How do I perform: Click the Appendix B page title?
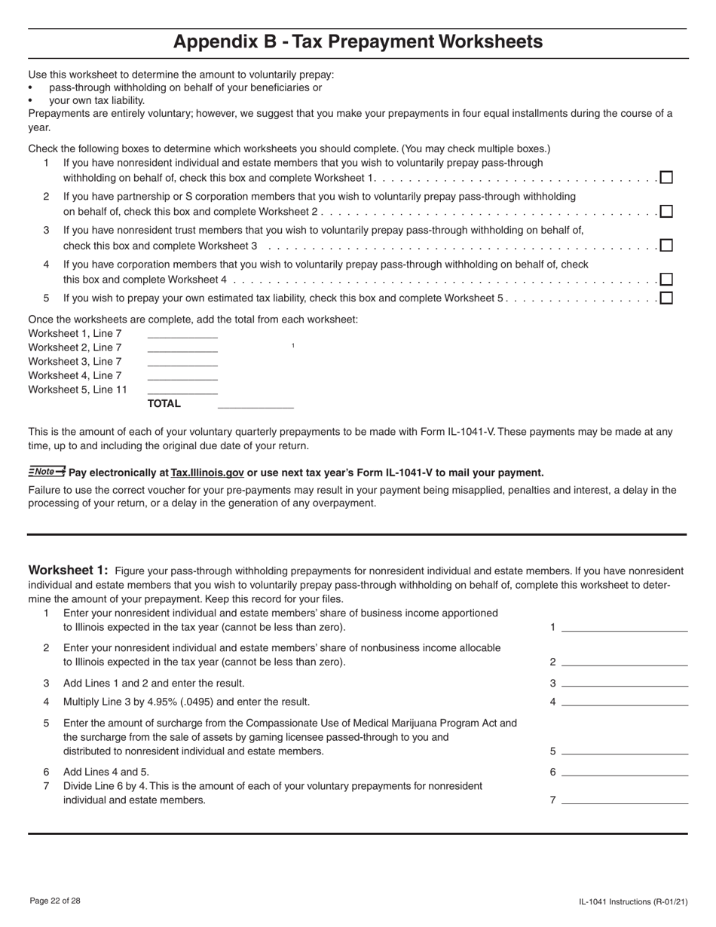click(x=358, y=41)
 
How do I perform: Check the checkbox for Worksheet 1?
click(x=666, y=178)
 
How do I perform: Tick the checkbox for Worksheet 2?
click(x=666, y=211)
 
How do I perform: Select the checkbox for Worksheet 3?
click(x=666, y=245)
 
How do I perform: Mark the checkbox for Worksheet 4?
click(x=666, y=279)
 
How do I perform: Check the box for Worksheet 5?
click(x=666, y=298)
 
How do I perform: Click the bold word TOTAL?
click(x=164, y=403)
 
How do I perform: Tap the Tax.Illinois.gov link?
click(x=207, y=473)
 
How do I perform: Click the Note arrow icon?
click(x=47, y=472)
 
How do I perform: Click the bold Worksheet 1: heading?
click(x=69, y=571)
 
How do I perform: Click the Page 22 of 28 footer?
click(x=55, y=901)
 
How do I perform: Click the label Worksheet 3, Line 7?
click(x=75, y=362)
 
